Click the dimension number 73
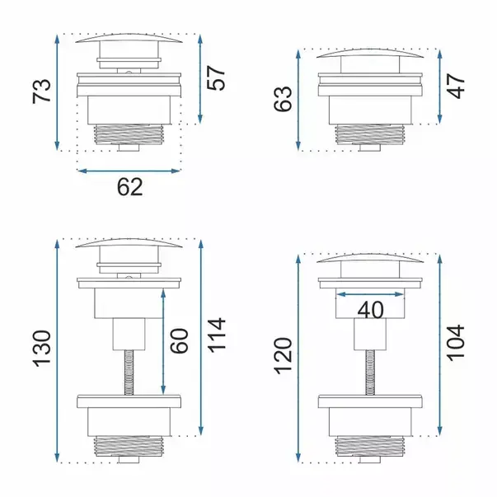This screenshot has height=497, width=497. coord(41,91)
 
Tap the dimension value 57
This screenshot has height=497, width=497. coord(216,78)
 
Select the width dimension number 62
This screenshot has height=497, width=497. coord(130,187)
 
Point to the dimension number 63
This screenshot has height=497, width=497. coord(283,99)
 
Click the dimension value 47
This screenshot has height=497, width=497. coord(456,87)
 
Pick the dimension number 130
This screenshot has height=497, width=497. coord(42,349)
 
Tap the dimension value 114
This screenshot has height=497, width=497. coord(217,335)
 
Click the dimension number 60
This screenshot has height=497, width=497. coord(180,341)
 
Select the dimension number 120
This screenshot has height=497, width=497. coord(283,356)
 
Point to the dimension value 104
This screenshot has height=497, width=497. coord(456,343)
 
